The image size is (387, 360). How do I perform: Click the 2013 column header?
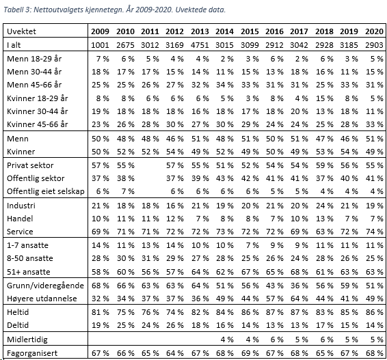click(x=200, y=31)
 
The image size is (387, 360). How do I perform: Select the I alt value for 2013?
click(x=200, y=45)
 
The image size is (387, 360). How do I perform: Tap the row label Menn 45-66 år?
click(x=34, y=85)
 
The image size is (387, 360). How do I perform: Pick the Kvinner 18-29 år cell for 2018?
click(x=324, y=98)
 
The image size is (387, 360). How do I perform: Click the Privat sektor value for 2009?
click(x=101, y=165)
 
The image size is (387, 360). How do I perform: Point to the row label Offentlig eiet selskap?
click(x=46, y=191)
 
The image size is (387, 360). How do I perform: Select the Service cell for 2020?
click(x=375, y=232)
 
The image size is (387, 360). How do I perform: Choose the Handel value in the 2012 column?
click(x=175, y=219)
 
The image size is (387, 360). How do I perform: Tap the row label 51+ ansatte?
click(x=29, y=272)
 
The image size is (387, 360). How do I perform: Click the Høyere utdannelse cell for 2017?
click(x=299, y=299)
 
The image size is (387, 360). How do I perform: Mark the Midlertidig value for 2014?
click(x=227, y=340)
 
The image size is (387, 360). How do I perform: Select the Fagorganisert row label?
click(x=32, y=353)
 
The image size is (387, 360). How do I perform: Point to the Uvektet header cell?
click(x=21, y=31)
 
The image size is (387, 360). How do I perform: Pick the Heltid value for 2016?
click(x=274, y=312)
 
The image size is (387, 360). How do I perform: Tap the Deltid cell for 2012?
click(x=175, y=325)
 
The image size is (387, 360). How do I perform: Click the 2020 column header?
click(x=374, y=31)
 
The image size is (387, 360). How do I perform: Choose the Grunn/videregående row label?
click(x=45, y=286)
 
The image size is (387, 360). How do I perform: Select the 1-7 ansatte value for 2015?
click(x=252, y=245)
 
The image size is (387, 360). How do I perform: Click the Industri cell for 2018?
click(x=324, y=206)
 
